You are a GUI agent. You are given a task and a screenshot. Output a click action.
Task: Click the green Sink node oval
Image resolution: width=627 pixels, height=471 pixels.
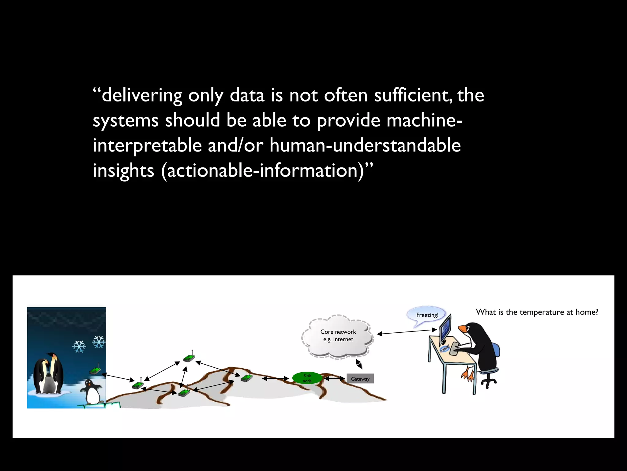(x=307, y=378)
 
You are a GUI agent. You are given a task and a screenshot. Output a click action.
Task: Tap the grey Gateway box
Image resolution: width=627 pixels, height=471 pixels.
(x=360, y=379)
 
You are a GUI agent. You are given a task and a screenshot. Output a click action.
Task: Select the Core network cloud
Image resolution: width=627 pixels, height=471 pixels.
(x=338, y=336)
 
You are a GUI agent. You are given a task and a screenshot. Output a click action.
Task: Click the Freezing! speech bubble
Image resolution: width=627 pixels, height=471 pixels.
(x=427, y=315)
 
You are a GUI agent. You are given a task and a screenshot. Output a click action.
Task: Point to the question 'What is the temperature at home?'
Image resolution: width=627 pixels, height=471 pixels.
(x=537, y=312)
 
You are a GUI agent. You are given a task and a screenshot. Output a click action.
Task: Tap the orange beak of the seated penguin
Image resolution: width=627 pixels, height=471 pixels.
(x=462, y=329)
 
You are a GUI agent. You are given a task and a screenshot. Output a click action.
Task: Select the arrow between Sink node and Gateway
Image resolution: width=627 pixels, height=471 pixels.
(x=334, y=379)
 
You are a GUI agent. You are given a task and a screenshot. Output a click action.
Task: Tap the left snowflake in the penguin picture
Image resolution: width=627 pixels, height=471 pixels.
(x=79, y=347)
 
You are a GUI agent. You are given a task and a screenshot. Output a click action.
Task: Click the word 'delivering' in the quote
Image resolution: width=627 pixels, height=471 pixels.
(x=142, y=95)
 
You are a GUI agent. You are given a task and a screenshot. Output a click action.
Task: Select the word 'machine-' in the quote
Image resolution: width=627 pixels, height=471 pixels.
(x=424, y=120)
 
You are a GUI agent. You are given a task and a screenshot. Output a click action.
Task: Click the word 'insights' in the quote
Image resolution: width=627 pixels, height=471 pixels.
(x=123, y=170)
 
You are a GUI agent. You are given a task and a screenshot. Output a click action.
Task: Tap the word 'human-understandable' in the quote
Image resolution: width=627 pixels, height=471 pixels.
(x=365, y=145)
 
